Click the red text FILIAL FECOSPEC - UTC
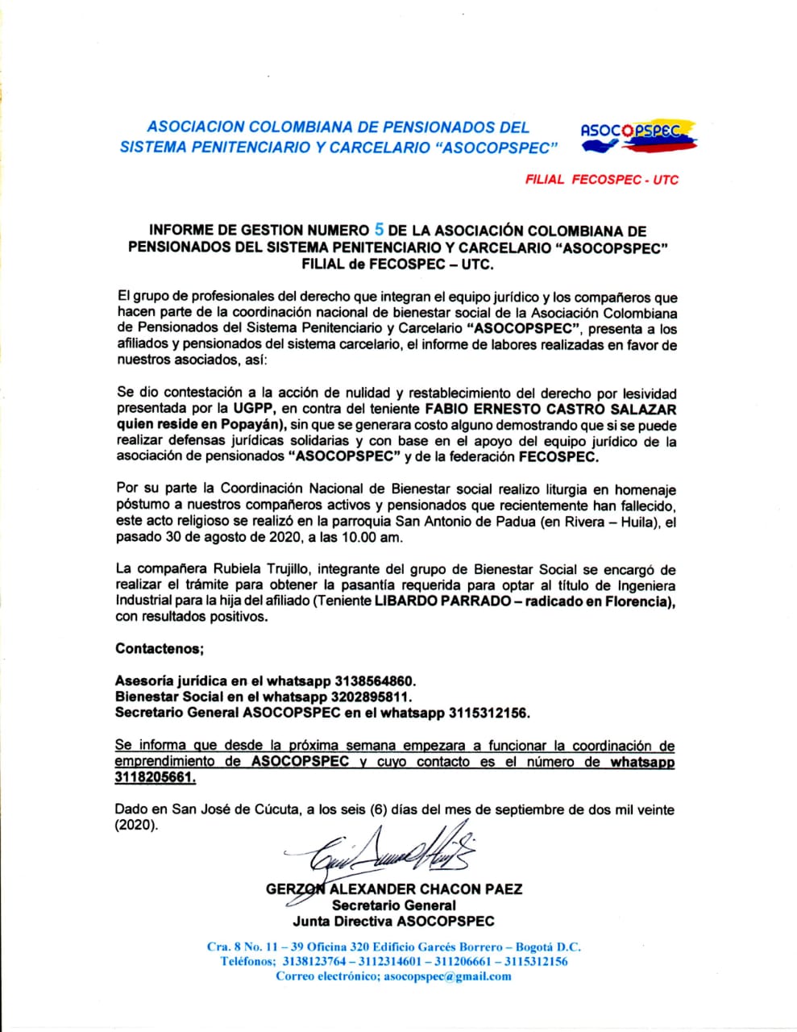601,180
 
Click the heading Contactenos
160,648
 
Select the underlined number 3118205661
156,777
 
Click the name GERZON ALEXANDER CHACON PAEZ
393,889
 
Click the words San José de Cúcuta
228,809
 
